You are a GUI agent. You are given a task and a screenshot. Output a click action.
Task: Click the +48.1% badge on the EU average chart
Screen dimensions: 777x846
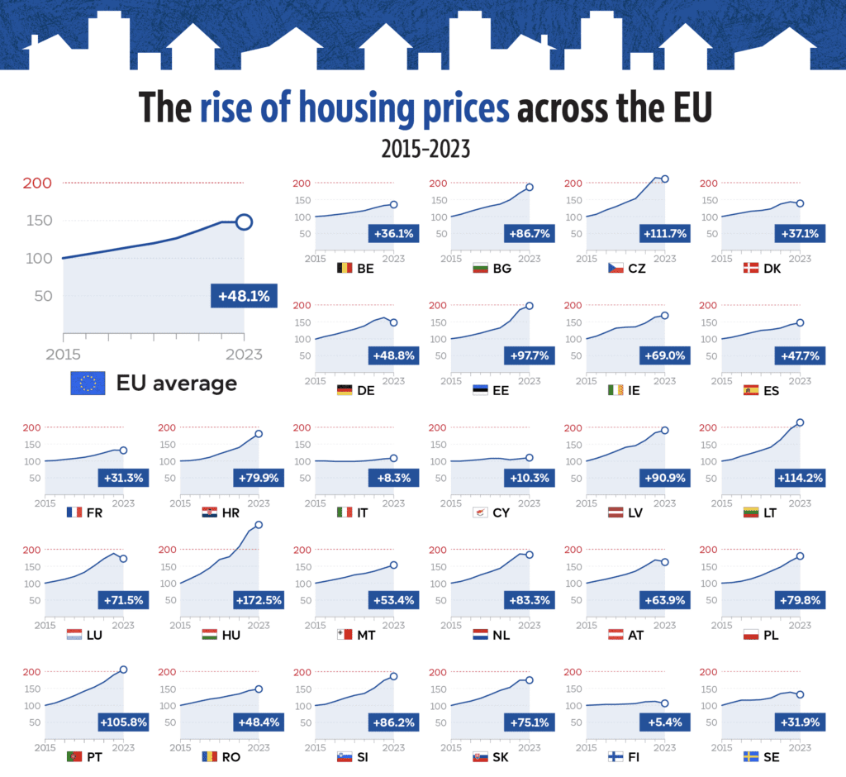pyautogui.click(x=243, y=296)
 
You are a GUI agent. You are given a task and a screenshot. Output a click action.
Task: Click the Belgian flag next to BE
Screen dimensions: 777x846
pyautogui.click(x=346, y=268)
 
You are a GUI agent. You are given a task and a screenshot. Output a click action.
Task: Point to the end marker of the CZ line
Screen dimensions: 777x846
pyautogui.click(x=664, y=179)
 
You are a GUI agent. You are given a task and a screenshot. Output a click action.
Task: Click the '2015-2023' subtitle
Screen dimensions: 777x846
pyautogui.click(x=425, y=149)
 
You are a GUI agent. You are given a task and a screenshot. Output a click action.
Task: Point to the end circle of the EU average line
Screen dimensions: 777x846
pyautogui.click(x=244, y=222)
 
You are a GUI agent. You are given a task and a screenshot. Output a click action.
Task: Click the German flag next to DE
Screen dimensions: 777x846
pyautogui.click(x=346, y=390)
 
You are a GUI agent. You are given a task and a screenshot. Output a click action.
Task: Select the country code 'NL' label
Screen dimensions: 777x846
pyautogui.click(x=501, y=635)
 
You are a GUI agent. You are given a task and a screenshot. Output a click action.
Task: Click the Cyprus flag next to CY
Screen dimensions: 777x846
pyautogui.click(x=480, y=512)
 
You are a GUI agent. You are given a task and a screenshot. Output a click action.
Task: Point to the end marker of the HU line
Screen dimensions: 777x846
pyautogui.click(x=259, y=524)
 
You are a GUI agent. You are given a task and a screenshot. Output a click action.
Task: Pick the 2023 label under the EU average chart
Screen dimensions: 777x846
pyautogui.click(x=244, y=355)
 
